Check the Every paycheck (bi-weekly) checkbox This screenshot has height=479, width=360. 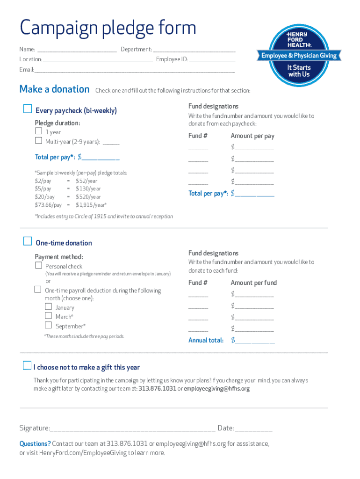pos(28,109)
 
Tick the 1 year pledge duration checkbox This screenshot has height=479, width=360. pos(39,132)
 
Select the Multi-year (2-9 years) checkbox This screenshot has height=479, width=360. pos(39,141)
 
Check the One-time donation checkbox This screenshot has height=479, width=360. pos(28,241)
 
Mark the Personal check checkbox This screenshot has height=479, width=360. pos(39,266)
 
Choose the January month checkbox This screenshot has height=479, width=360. pos(48,307)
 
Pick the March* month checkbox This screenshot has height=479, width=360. pos(48,316)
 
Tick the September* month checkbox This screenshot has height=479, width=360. pos(48,326)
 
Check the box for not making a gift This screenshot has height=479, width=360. pos(27,366)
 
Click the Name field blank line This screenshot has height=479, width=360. pos(77,50)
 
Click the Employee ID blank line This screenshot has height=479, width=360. pos(212,60)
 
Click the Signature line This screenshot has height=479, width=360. pos(133,428)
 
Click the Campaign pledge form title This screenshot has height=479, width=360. pos(108,28)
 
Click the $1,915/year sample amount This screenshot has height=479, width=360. pos(91,205)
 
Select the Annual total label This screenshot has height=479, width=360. pos(206,340)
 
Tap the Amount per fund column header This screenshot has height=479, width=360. pos(253,283)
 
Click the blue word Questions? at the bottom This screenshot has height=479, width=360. pos(35,443)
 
